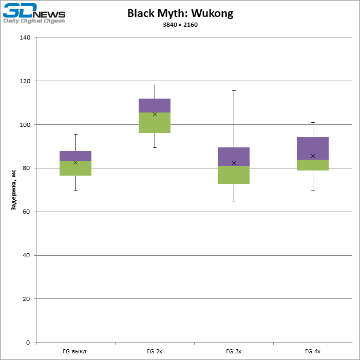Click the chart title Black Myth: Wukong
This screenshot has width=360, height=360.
coord(180,13)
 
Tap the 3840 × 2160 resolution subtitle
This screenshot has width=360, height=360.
coord(180,25)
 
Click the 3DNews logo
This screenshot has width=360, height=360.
coord(34,13)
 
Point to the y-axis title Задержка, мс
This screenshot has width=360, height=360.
coord(14,190)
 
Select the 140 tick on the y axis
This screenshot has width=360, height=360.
coord(25,37)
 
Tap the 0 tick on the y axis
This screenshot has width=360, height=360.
coord(28,343)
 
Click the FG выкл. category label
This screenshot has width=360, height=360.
coord(75,352)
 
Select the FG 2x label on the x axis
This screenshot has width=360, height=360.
coord(155,352)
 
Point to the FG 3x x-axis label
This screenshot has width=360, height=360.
coord(234,352)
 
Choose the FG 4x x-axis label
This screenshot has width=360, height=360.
coord(313,352)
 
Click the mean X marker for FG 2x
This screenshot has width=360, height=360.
coord(155,114)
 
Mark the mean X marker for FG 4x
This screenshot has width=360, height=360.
coord(313,156)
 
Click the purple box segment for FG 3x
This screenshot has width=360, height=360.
coord(234,157)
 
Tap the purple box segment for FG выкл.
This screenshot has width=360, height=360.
coord(75,156)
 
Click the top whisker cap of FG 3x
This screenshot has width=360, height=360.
coord(234,90)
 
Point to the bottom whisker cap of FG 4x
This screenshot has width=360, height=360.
coord(313,191)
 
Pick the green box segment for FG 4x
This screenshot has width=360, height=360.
coord(313,165)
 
